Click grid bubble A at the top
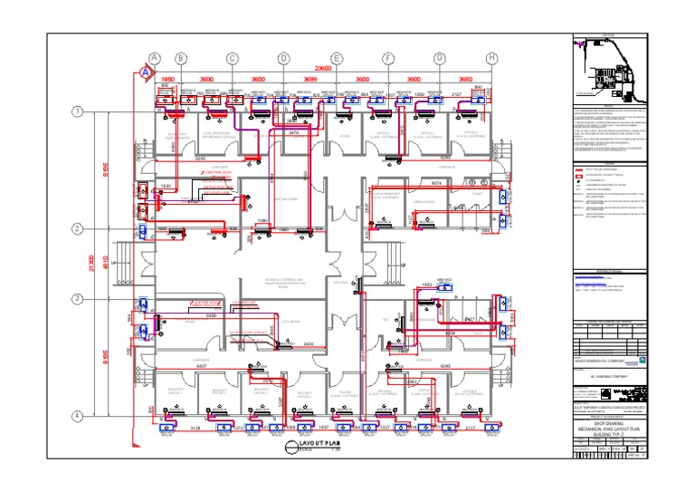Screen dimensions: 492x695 click(x=155, y=58)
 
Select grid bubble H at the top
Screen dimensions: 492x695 click(x=491, y=58)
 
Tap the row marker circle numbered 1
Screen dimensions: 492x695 click(x=78, y=111)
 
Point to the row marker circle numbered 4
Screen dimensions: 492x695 click(x=78, y=416)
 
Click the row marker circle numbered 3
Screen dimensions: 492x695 click(x=78, y=299)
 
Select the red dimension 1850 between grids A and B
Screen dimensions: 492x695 click(x=167, y=81)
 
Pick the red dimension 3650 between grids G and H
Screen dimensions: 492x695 click(x=465, y=81)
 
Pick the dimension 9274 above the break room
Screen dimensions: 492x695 click(x=436, y=181)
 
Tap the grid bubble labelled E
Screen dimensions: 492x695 click(x=337, y=58)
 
